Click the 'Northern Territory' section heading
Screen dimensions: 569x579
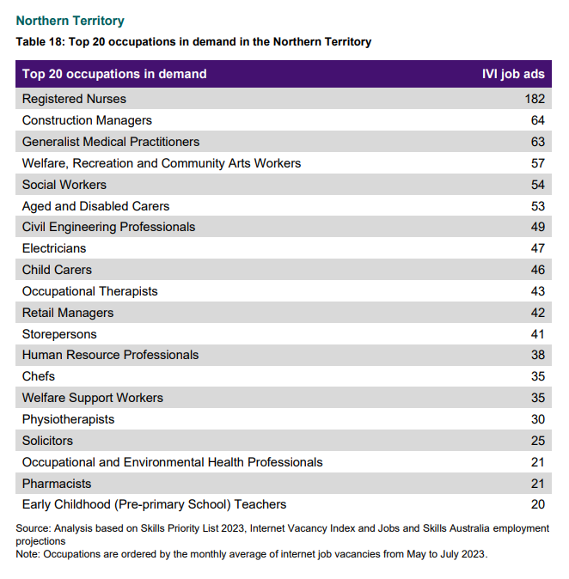click(x=70, y=21)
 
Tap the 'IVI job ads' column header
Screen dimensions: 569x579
click(x=513, y=74)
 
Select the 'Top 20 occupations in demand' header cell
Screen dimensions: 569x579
click(x=114, y=74)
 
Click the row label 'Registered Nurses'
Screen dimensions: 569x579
click(x=74, y=99)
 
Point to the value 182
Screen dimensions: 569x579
click(x=535, y=99)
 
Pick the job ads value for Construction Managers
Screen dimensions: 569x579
click(x=538, y=120)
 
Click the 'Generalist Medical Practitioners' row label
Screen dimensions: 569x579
click(x=111, y=142)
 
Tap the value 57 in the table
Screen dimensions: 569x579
click(x=538, y=163)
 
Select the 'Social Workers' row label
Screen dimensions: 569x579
click(x=64, y=185)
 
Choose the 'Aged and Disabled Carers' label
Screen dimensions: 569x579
click(x=95, y=206)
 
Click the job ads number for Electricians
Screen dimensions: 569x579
click(x=538, y=248)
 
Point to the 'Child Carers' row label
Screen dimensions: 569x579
click(x=57, y=270)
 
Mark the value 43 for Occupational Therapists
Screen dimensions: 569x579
click(x=538, y=291)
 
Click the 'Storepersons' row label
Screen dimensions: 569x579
click(x=59, y=334)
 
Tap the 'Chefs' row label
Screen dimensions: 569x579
click(x=39, y=376)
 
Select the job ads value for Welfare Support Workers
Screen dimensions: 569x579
click(x=538, y=398)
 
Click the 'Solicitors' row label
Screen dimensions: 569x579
click(x=47, y=441)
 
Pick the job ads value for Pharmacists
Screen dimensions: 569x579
click(x=538, y=484)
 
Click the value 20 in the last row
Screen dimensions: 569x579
click(x=538, y=504)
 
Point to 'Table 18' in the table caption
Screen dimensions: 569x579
click(x=40, y=42)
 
